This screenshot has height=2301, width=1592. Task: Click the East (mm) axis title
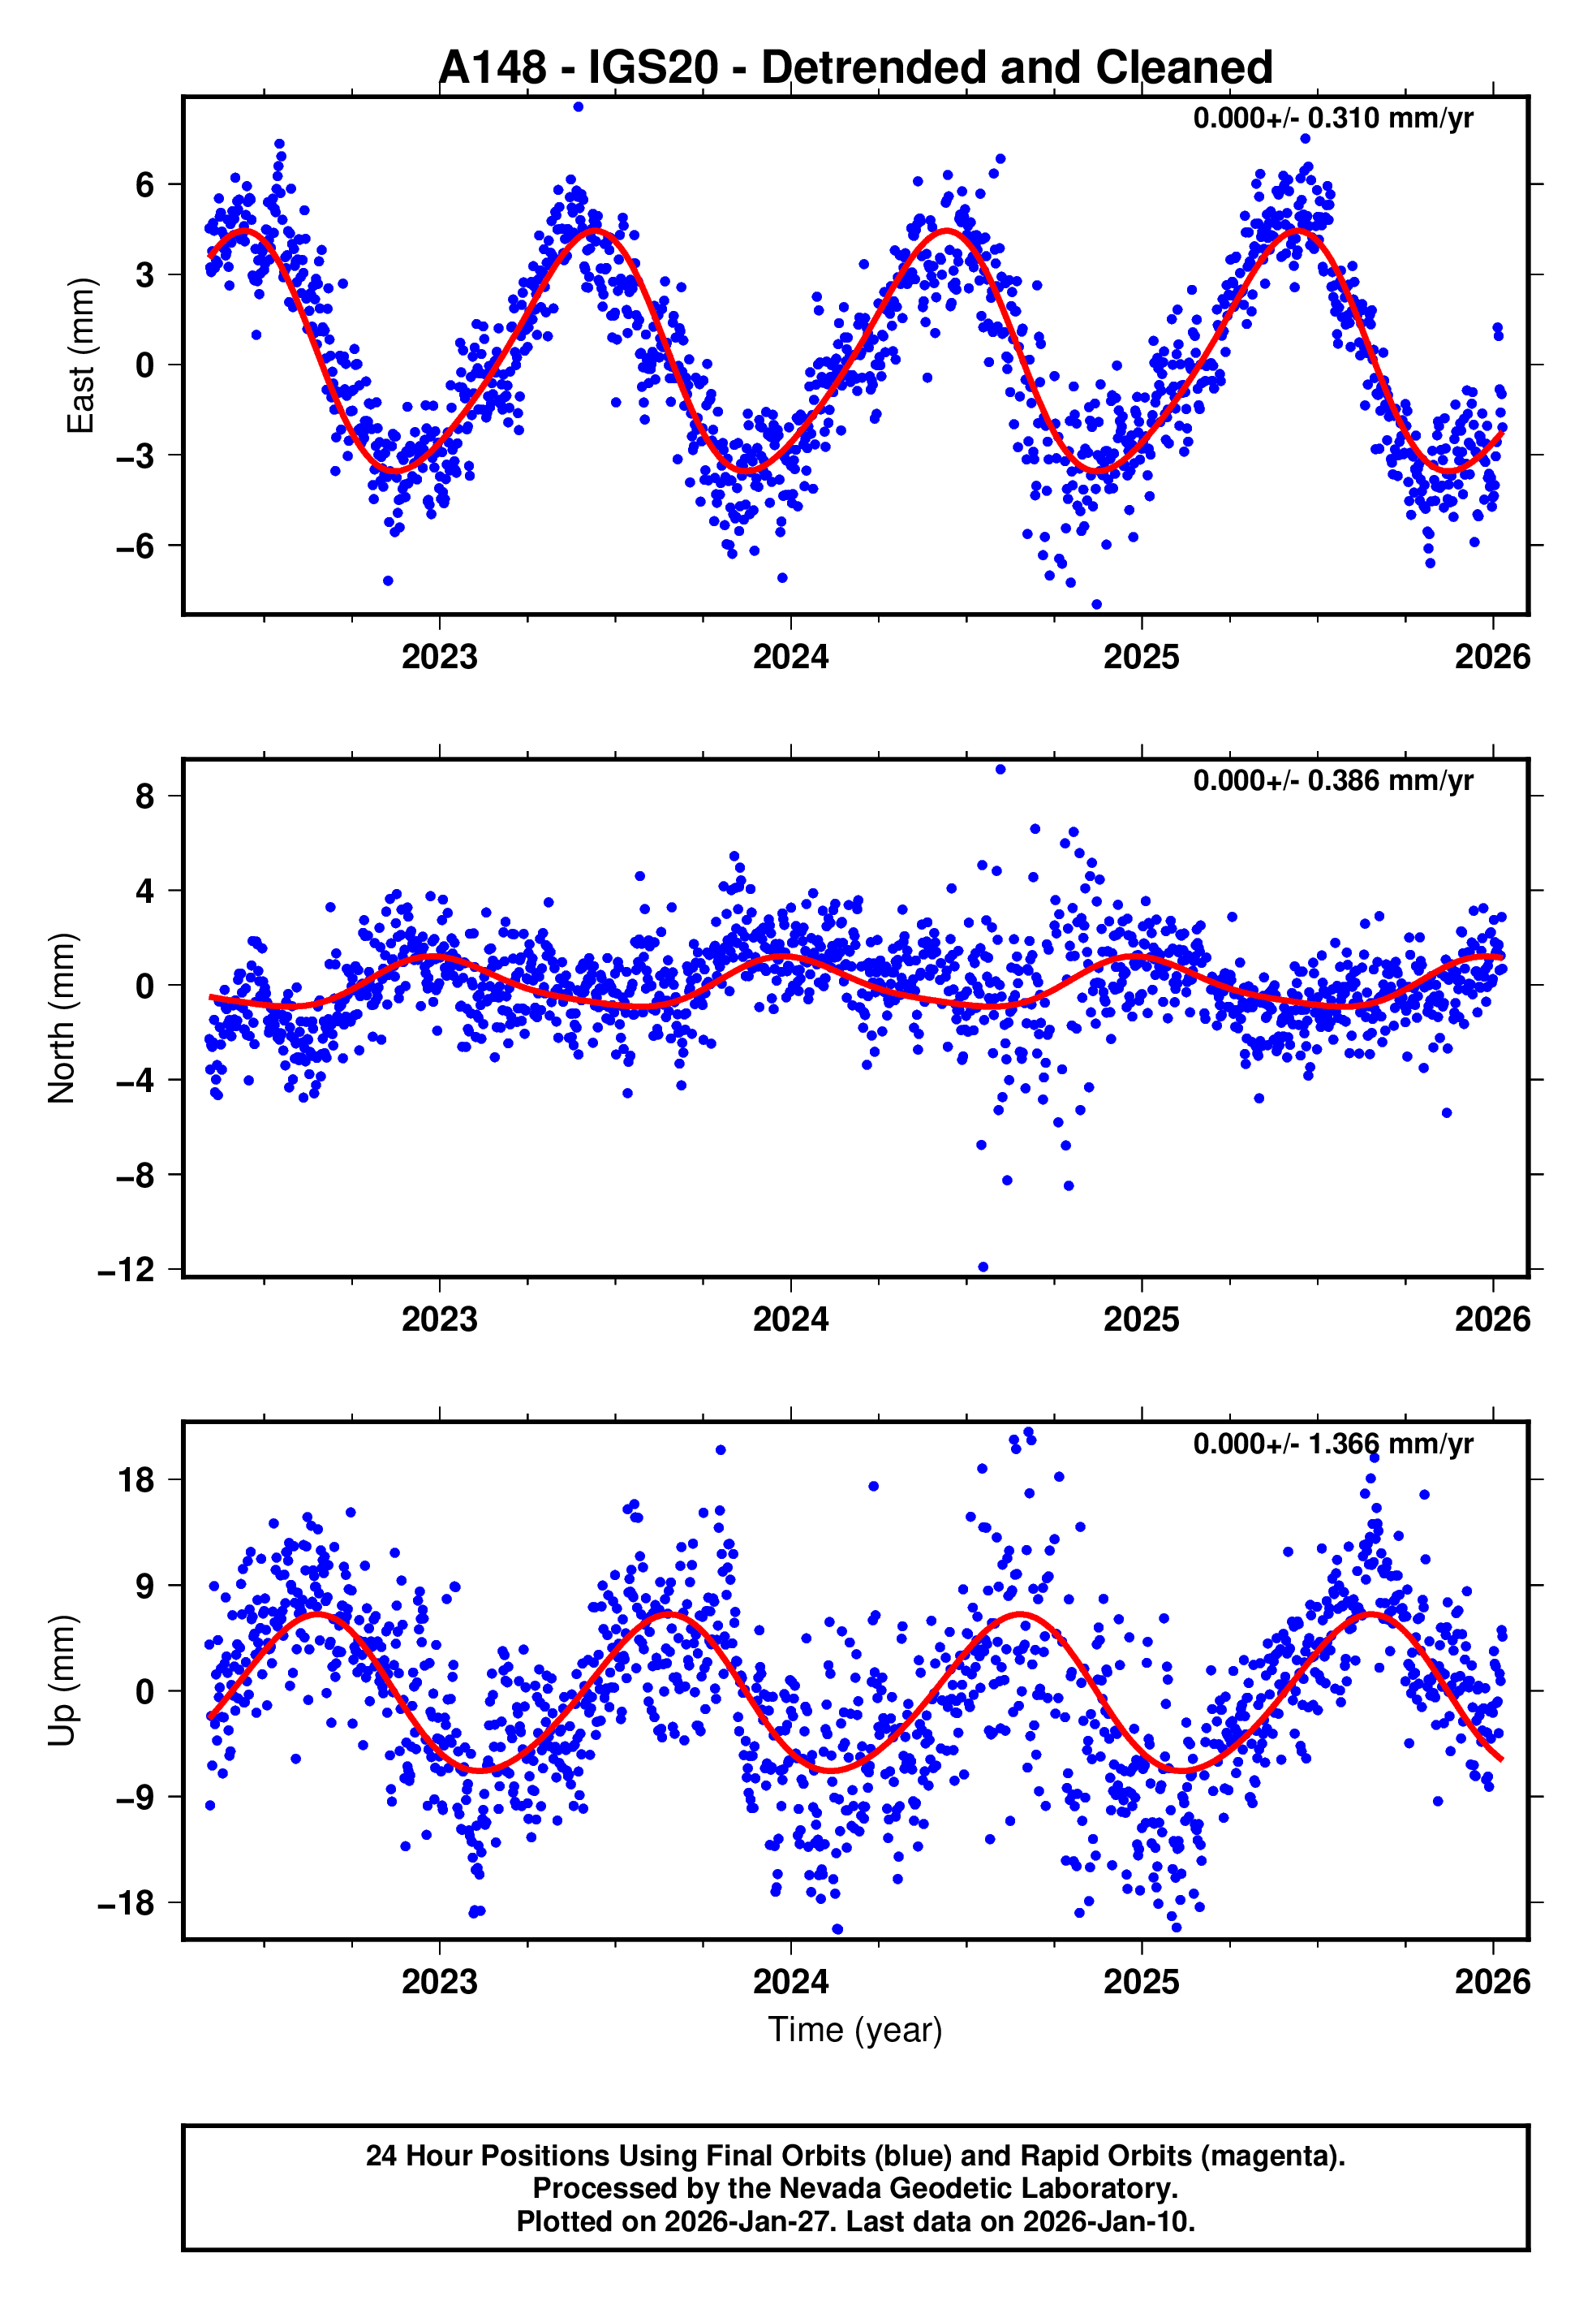click(x=80, y=356)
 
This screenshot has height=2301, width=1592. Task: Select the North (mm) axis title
click(x=62, y=1018)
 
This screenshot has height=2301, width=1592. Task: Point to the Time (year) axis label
click(x=855, y=2030)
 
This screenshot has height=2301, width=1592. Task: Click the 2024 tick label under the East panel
click(x=790, y=658)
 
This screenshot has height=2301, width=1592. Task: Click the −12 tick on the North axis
click(x=127, y=1270)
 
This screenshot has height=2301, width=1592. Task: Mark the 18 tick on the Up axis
click(x=136, y=1480)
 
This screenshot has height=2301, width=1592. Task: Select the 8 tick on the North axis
click(x=145, y=796)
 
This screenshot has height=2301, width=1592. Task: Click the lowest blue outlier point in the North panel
click(x=983, y=1267)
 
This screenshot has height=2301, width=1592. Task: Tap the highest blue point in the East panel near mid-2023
click(x=579, y=106)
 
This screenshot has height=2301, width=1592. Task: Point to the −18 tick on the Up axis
click(x=127, y=1904)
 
